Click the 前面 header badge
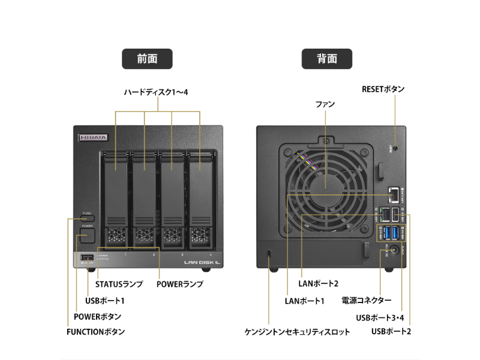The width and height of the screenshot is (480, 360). pyautogui.click(x=147, y=59)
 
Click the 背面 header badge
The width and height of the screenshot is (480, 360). pyautogui.click(x=327, y=59)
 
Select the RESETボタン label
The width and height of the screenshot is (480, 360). pyautogui.click(x=383, y=89)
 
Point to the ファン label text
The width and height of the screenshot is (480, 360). pyautogui.click(x=325, y=104)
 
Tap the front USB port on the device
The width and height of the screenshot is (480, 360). pyautogui.click(x=86, y=259)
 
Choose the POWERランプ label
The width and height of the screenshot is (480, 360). pyautogui.click(x=180, y=284)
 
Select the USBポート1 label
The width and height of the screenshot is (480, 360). pyautogui.click(x=105, y=300)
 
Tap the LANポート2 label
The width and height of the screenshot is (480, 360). pyautogui.click(x=319, y=284)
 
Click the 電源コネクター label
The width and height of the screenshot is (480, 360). pyautogui.click(x=366, y=300)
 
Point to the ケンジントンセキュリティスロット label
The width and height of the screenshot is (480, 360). pyautogui.click(x=297, y=331)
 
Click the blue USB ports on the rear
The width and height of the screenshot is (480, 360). pyautogui.click(x=389, y=233)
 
